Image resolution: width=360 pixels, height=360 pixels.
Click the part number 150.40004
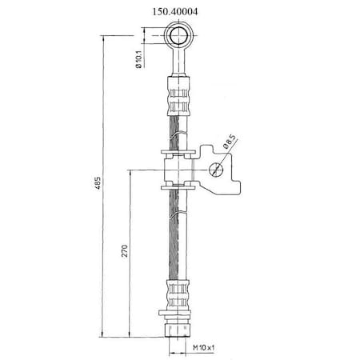point(175,12)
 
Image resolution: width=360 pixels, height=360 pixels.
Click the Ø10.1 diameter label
point(139,59)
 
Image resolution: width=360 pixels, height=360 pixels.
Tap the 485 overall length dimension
point(98,183)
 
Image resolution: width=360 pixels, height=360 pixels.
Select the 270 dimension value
point(125,250)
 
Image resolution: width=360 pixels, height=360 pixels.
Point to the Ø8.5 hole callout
point(230,142)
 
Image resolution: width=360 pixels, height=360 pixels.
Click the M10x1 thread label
point(204,347)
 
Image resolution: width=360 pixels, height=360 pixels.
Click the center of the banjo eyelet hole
point(178,36)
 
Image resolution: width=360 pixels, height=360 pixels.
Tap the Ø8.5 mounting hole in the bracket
point(215,170)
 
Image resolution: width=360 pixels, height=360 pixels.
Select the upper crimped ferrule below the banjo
point(178,96)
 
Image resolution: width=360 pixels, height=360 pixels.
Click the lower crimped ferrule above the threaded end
point(178,294)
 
